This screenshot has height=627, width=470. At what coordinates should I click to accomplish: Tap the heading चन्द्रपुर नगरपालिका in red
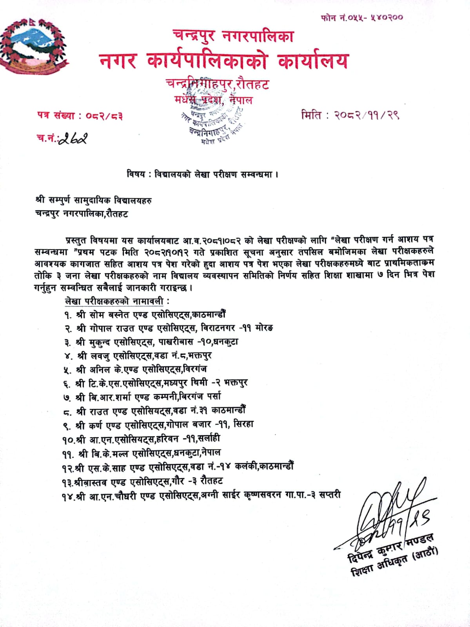click(233, 36)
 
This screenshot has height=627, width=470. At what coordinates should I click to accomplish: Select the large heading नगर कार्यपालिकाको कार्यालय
click(223, 61)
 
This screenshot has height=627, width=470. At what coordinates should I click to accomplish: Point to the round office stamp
click(214, 120)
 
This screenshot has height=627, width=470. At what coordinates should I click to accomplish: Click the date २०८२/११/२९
click(366, 115)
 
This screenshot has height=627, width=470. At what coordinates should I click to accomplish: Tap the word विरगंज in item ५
click(197, 369)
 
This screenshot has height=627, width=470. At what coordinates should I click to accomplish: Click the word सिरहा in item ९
click(243, 424)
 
